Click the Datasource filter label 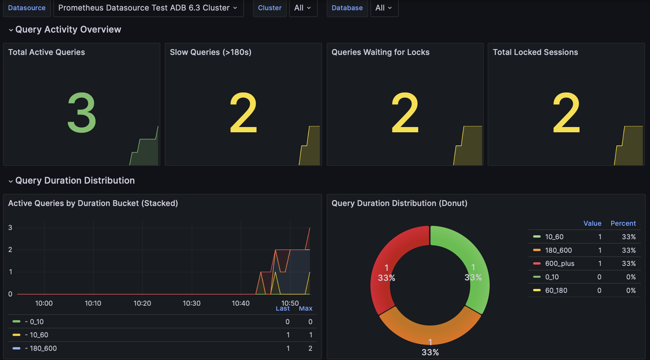coord(27,8)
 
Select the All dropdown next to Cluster coord(303,8)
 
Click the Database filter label coord(347,8)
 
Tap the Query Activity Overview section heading coord(68,30)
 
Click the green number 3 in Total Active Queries coord(82,113)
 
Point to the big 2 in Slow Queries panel coord(243,113)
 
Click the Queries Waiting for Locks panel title coord(380,52)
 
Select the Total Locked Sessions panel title coord(535,52)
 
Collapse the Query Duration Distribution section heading coord(75,181)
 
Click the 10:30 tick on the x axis coord(192,303)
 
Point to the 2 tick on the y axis coord(10,250)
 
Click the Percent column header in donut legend coord(623,223)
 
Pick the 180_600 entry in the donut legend coord(558,250)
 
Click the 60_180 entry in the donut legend coord(556,291)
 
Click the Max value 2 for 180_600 coord(310,348)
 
